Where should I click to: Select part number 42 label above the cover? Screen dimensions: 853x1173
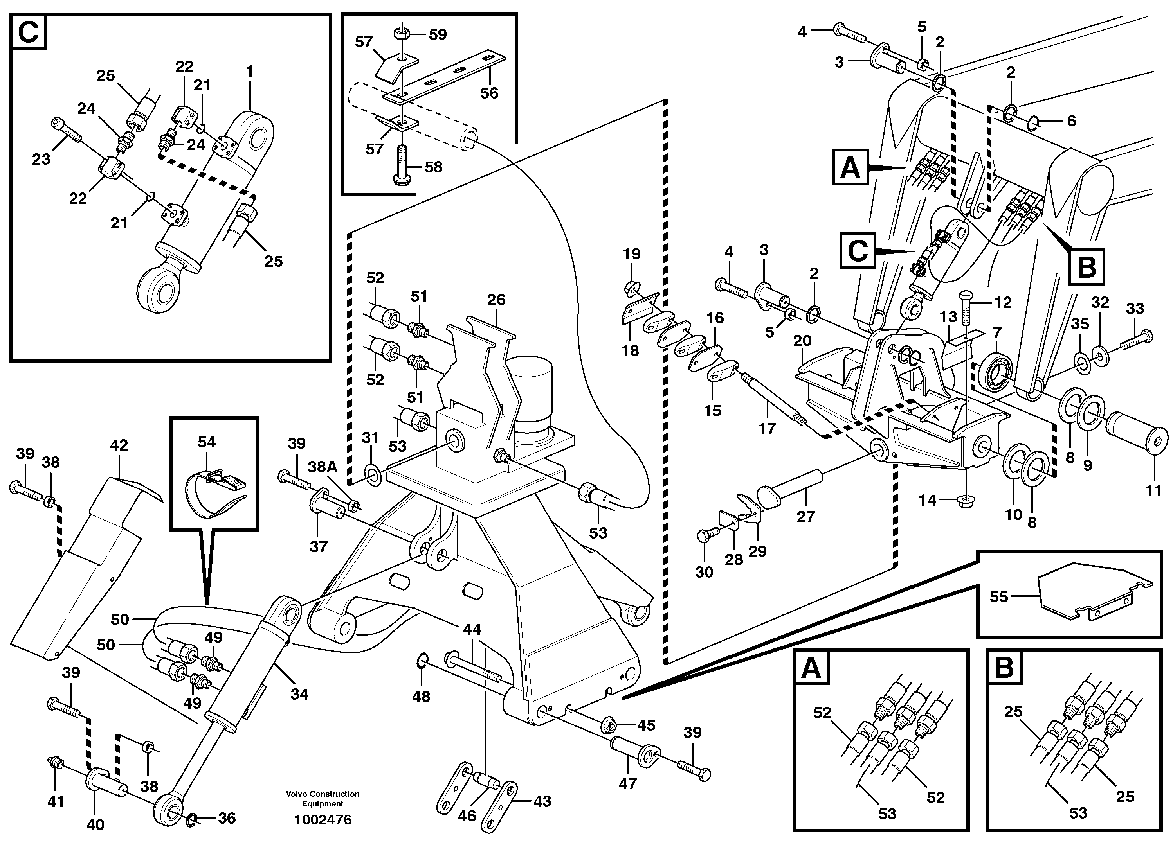pos(119,445)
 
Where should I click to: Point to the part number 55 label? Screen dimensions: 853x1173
pos(999,597)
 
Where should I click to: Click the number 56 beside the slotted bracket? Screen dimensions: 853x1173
pos(489,93)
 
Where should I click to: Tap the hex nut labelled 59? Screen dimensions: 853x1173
pos(401,34)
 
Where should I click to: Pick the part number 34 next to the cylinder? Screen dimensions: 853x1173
pos(299,694)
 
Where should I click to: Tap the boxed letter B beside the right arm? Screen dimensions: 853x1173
pos(1086,267)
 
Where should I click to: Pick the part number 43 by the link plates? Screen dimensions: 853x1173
pos(542,801)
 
